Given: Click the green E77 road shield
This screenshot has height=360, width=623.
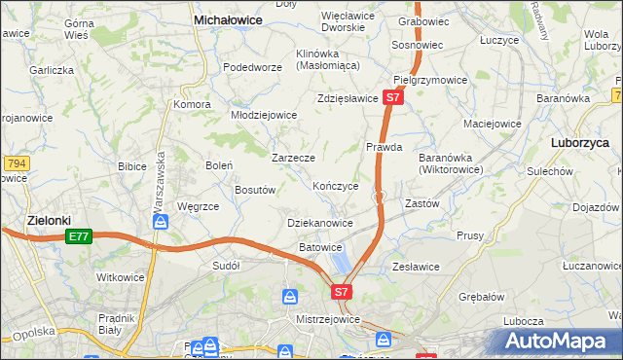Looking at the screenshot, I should tap(80, 236).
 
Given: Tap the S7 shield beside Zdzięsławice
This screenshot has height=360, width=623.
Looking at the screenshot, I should tap(392, 98).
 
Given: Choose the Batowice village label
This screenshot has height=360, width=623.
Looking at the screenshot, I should tap(320, 247).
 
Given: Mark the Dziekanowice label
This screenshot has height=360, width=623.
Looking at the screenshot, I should tap(320, 223).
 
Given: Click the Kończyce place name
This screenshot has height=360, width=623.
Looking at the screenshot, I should tap(336, 185).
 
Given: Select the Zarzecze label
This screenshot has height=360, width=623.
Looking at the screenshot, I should tap(292, 157).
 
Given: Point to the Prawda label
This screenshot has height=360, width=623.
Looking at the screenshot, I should tap(384, 147).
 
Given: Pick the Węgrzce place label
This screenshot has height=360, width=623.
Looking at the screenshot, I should tap(198, 206).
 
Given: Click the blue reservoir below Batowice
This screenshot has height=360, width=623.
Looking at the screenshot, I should tap(339, 262).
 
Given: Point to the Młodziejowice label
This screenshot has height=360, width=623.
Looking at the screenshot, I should tap(263, 114).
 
